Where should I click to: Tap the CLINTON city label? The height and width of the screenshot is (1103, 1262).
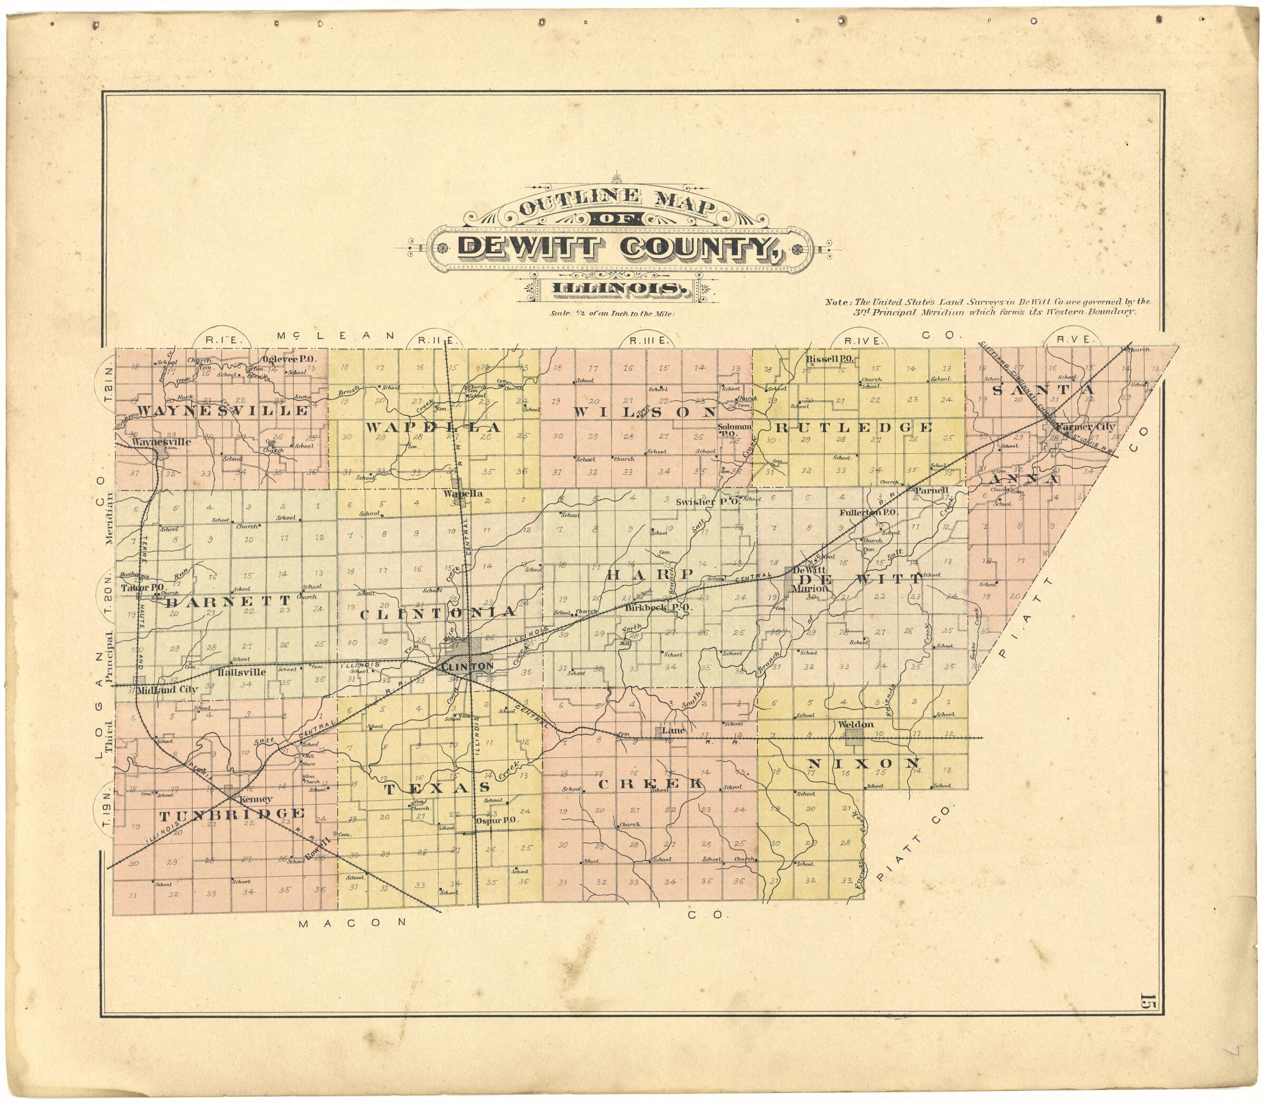(x=466, y=667)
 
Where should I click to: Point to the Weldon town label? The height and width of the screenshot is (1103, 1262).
(x=856, y=725)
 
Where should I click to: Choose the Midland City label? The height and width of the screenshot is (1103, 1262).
(x=166, y=689)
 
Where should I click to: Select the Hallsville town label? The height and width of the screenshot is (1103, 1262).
(x=242, y=672)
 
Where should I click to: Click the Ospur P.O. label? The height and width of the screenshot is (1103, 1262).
(x=496, y=821)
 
